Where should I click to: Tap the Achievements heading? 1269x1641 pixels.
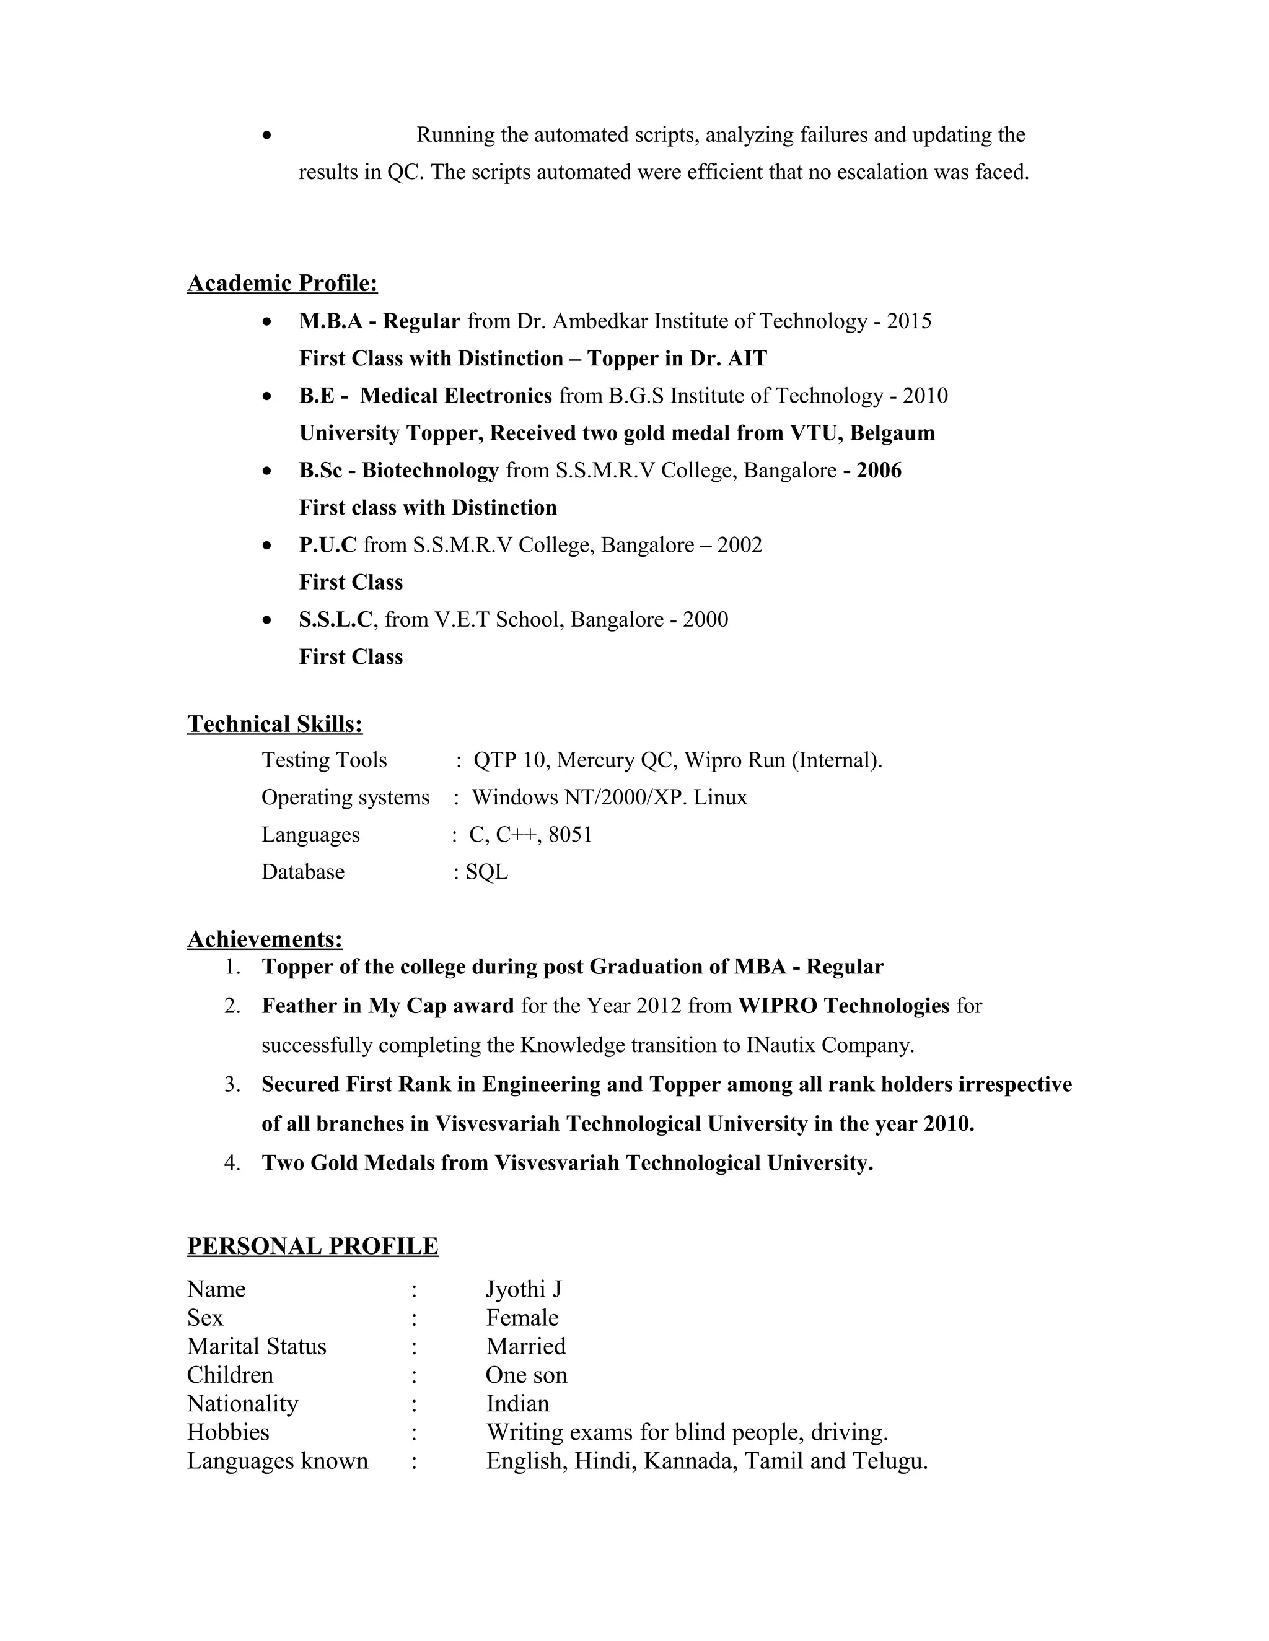265,939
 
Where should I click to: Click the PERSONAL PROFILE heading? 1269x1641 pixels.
313,1246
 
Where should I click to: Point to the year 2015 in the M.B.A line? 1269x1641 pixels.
909,321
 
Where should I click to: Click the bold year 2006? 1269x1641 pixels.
878,471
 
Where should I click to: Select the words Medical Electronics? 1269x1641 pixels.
455,396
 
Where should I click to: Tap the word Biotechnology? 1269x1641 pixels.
430,471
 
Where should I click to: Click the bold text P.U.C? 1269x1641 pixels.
328,545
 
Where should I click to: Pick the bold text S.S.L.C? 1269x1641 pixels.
335,619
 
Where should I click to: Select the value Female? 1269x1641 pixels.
522,1318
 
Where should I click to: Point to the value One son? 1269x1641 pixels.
525,1375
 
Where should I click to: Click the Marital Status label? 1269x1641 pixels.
257,1346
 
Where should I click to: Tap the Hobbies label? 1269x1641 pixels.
228,1432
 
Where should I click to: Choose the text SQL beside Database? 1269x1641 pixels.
486,873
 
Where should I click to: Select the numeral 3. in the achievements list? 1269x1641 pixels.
232,1084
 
